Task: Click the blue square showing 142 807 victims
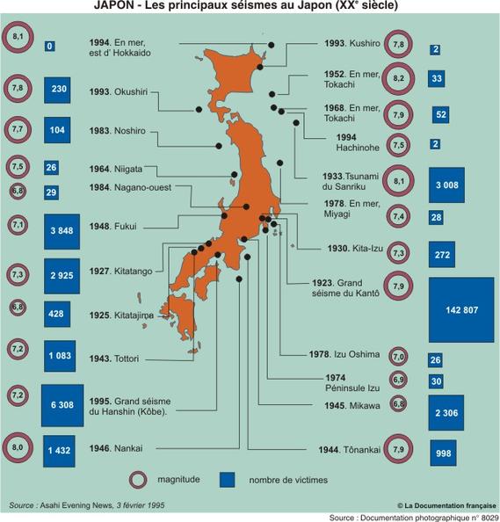coord(460,309)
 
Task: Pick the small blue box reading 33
coord(437,79)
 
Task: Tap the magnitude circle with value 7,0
coord(398,357)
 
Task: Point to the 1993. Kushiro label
coord(351,44)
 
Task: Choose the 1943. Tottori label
coord(115,359)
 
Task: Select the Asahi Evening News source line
coord(87,506)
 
